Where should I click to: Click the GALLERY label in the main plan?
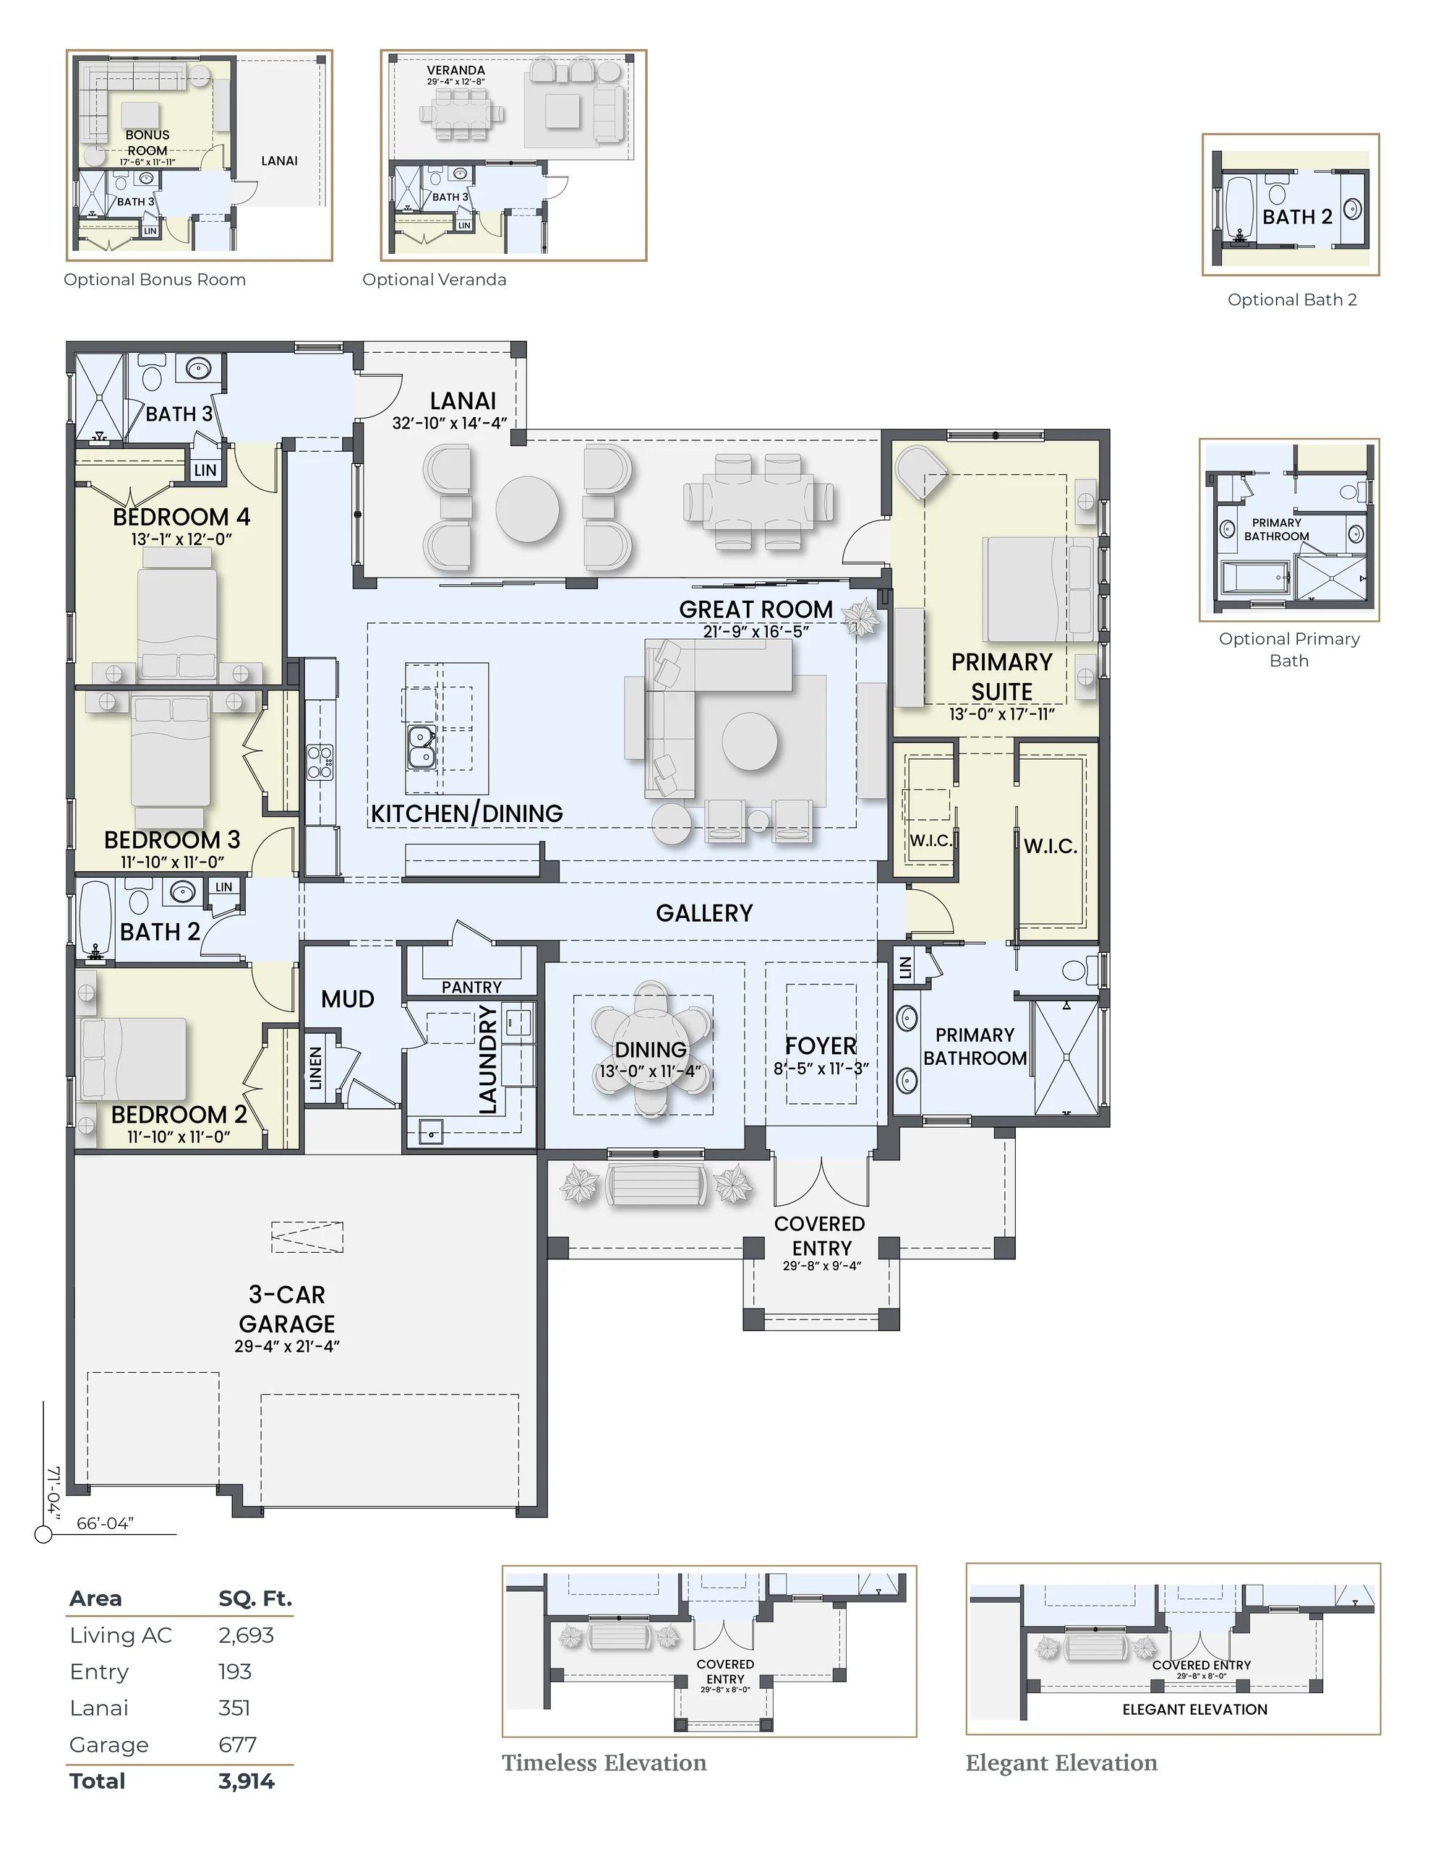(x=704, y=912)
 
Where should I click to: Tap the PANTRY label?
(x=471, y=987)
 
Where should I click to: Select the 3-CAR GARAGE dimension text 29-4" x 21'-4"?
(x=286, y=1346)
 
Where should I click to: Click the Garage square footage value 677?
(x=237, y=1744)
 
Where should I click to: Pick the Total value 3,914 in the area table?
(x=247, y=1781)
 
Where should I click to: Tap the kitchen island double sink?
(x=421, y=746)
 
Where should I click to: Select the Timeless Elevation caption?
(x=604, y=1763)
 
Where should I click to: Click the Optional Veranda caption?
(x=434, y=280)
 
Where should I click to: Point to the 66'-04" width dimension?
(x=105, y=1524)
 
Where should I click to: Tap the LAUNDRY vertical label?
(x=487, y=1059)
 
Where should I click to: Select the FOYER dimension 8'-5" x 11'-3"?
(x=821, y=1069)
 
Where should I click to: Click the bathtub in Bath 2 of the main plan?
(x=95, y=919)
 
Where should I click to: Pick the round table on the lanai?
(x=527, y=509)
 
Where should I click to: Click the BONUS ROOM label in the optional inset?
(x=147, y=142)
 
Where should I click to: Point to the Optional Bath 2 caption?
(x=1292, y=299)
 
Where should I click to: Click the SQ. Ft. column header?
(x=255, y=1598)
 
